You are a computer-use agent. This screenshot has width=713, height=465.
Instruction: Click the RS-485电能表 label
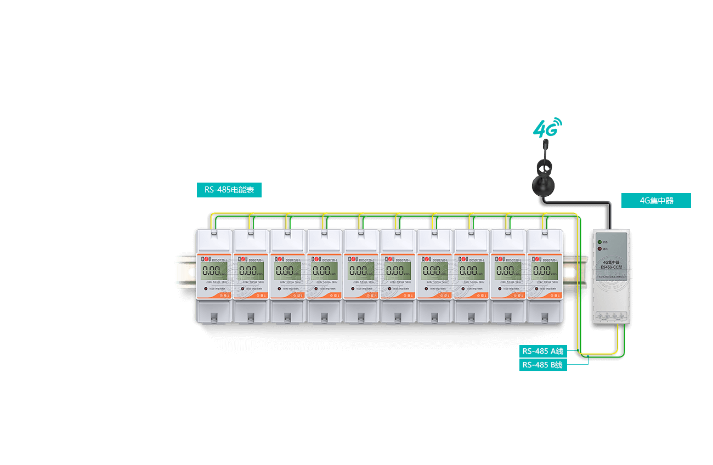(x=229, y=190)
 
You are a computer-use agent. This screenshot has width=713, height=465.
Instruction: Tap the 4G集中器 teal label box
(x=656, y=201)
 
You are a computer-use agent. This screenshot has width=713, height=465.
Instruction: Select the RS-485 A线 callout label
(x=543, y=351)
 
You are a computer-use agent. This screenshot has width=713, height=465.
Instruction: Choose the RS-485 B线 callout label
(x=543, y=365)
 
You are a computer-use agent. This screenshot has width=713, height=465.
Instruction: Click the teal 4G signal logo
(x=547, y=128)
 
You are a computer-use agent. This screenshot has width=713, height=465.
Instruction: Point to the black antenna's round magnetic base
(x=543, y=185)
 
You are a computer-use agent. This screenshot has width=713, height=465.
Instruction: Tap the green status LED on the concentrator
(x=600, y=241)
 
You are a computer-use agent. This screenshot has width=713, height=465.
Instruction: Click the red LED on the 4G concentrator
(x=600, y=248)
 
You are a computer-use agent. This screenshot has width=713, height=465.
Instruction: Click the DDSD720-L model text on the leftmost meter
(x=220, y=260)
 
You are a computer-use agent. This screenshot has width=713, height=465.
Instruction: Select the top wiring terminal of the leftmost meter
(x=213, y=235)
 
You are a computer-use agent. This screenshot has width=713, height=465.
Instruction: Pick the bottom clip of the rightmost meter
(x=544, y=317)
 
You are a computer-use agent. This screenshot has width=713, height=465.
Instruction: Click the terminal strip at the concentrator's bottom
(x=611, y=316)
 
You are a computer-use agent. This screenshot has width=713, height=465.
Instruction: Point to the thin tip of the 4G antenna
(x=545, y=144)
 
